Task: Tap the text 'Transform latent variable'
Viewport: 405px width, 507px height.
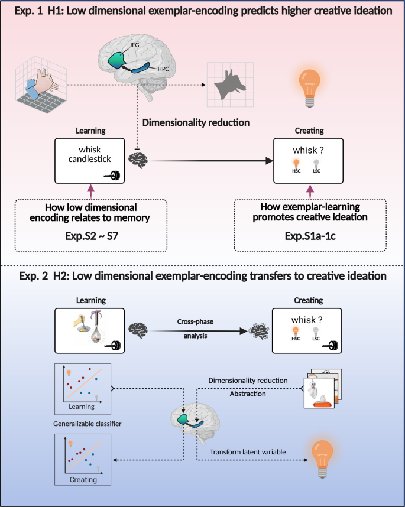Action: [249, 452]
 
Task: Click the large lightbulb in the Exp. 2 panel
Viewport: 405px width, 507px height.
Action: [325, 456]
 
